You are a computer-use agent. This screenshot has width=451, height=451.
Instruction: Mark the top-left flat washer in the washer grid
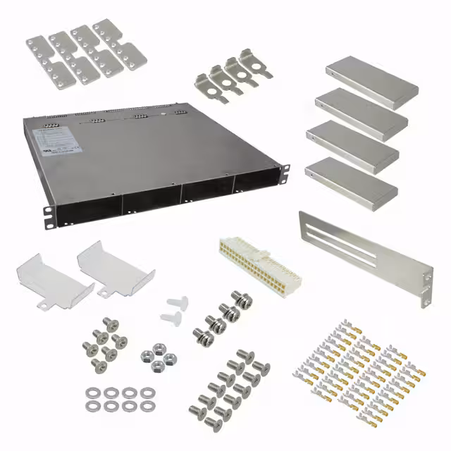point(93,393)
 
